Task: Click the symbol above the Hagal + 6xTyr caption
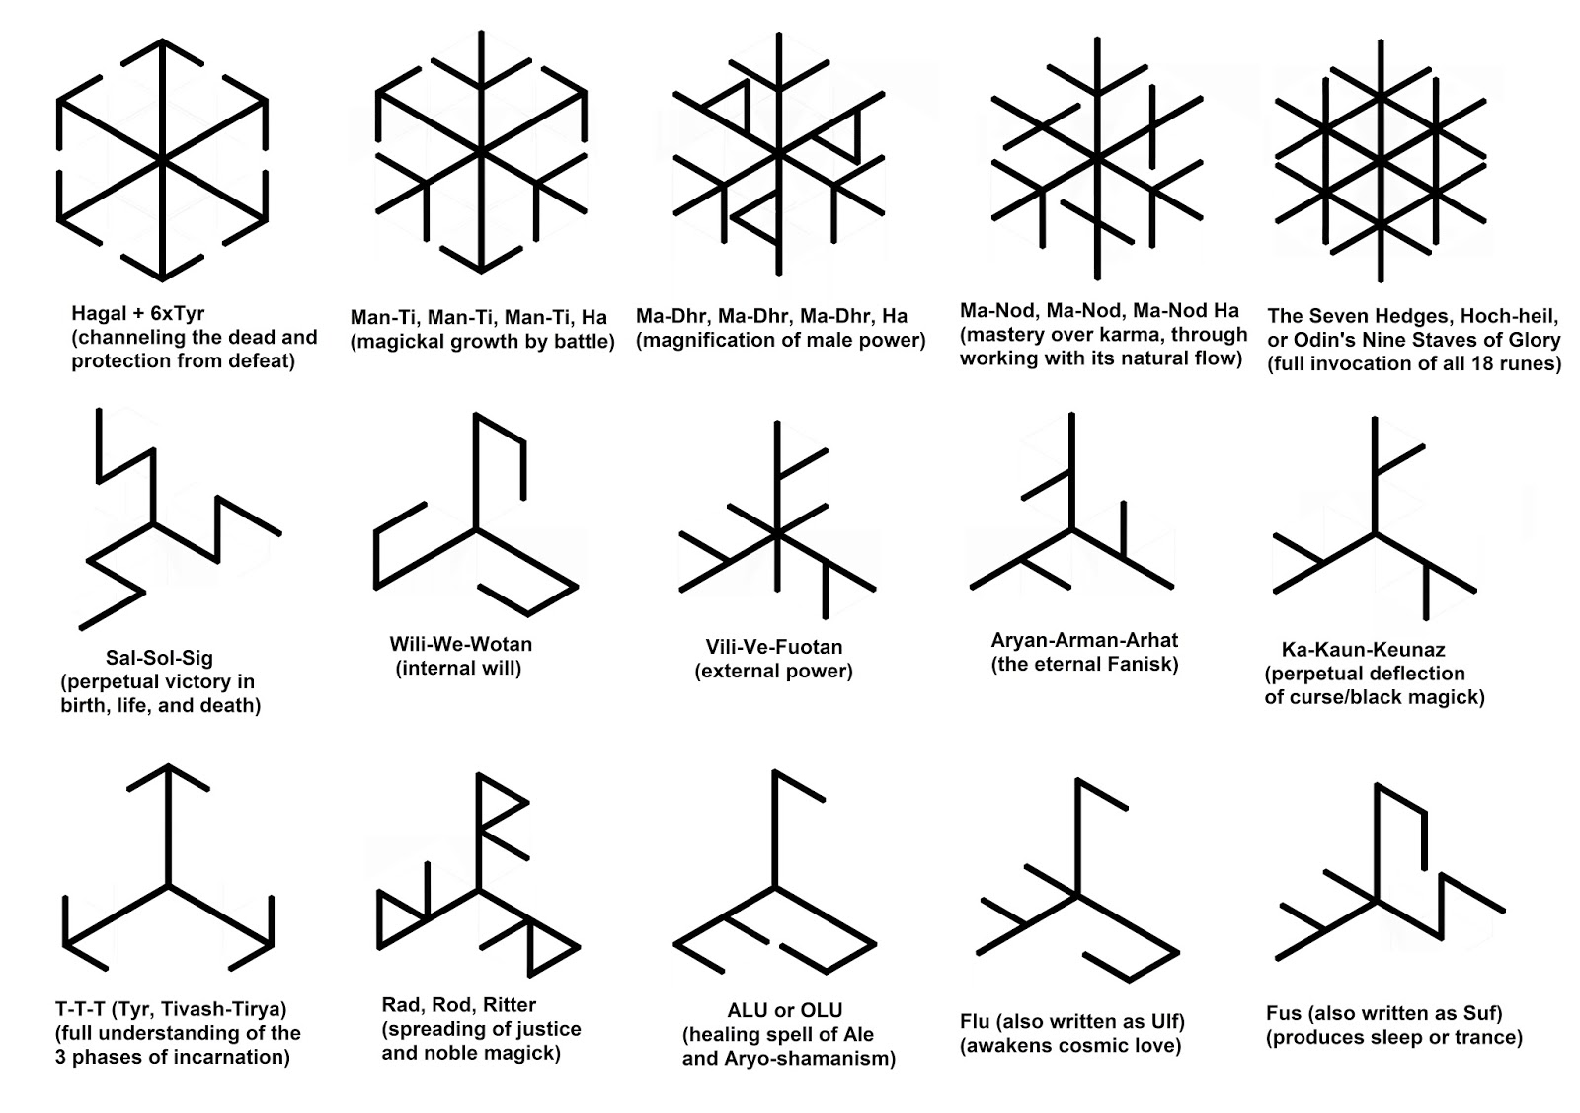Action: (163, 163)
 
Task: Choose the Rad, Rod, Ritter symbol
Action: (480, 889)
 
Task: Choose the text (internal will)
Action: (459, 668)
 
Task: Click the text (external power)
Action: (773, 671)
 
